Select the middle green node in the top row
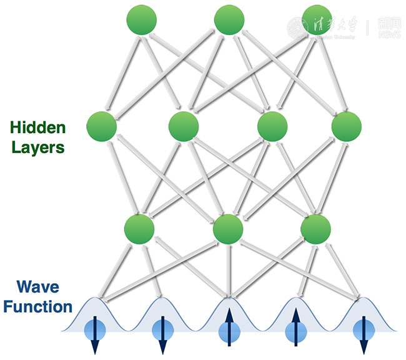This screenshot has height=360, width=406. click(229, 19)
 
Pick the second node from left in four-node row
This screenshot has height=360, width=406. click(184, 126)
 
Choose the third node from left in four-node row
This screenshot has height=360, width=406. click(272, 126)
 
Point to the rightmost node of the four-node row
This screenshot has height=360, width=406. click(347, 126)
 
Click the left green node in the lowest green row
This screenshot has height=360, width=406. click(139, 229)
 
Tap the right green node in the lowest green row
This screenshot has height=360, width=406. click(315, 229)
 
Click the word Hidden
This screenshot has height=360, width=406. click(37, 128)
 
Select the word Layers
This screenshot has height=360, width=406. click(37, 148)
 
